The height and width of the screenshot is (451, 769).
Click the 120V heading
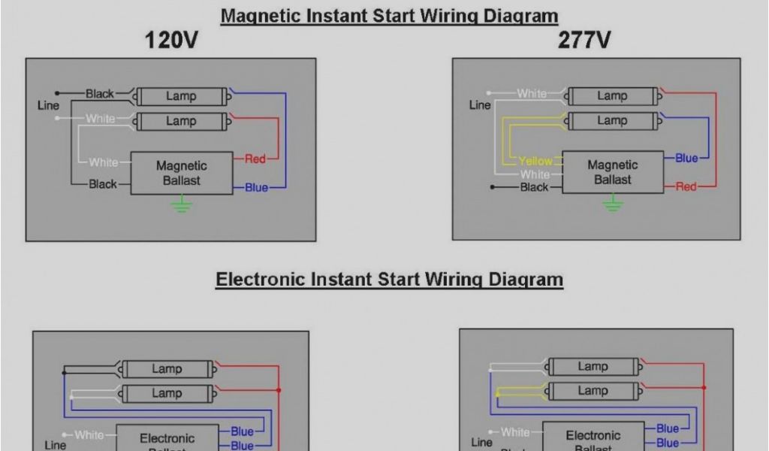[x=171, y=41]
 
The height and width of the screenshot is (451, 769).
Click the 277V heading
[x=584, y=41]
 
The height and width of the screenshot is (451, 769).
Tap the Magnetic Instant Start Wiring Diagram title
[x=389, y=16]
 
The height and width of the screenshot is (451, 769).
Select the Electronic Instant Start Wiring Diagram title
[x=389, y=280]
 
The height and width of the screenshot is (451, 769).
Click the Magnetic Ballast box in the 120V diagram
[x=181, y=173]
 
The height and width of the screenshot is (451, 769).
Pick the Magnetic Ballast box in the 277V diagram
[x=612, y=172]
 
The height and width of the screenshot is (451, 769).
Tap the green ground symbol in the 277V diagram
[x=613, y=202]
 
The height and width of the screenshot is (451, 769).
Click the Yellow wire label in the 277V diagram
[x=535, y=161]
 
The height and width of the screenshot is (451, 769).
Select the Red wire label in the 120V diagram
[x=255, y=159]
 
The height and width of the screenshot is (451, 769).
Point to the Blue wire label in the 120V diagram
[x=256, y=187]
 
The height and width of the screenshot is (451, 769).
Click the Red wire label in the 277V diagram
[x=686, y=186]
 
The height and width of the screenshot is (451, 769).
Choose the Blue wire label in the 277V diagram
[x=686, y=158]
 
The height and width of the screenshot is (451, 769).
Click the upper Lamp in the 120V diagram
[x=181, y=96]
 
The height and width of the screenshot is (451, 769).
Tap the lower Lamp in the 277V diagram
[x=612, y=120]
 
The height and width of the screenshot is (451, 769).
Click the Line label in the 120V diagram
[x=48, y=105]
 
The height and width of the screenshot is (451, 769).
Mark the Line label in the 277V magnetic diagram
[x=480, y=105]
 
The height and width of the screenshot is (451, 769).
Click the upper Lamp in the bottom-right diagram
[x=593, y=367]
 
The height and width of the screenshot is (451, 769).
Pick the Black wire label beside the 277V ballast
[x=534, y=187]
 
